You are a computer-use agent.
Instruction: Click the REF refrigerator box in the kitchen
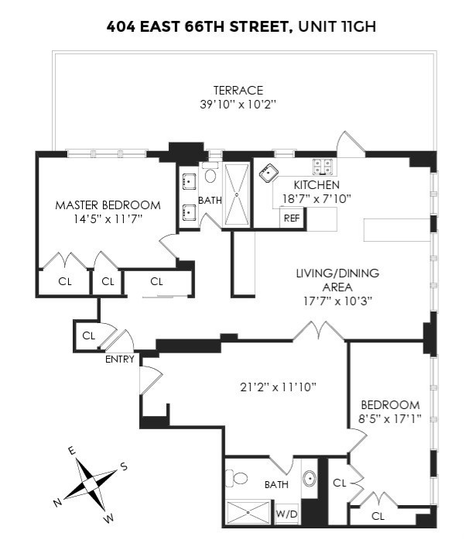pyautogui.click(x=292, y=218)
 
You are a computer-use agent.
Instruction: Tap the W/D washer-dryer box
pyautogui.click(x=286, y=513)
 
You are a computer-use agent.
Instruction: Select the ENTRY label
pyautogui.click(x=120, y=359)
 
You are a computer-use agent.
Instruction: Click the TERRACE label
pyautogui.click(x=238, y=91)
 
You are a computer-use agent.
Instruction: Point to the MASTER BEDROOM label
pyautogui.click(x=108, y=205)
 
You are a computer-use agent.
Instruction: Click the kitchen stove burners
pyautogui.click(x=324, y=166)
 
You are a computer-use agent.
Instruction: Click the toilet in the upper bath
pyautogui.click(x=211, y=174)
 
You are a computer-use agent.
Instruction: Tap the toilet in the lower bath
pyautogui.click(x=240, y=478)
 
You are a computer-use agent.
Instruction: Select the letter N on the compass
pyautogui.click(x=57, y=503)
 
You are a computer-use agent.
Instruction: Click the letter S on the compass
pyautogui.click(x=123, y=466)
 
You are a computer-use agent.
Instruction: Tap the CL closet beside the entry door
pyautogui.click(x=88, y=335)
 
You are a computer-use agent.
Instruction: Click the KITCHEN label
pyautogui.click(x=316, y=185)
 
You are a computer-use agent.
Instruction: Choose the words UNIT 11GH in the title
pyautogui.click(x=335, y=28)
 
